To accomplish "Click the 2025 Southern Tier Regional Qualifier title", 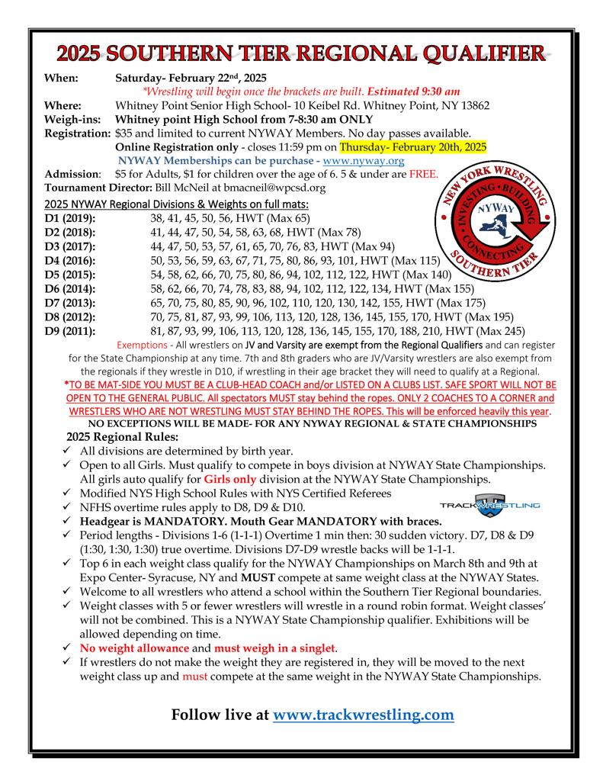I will click(x=302, y=53).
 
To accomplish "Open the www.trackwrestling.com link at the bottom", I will click(x=363, y=715).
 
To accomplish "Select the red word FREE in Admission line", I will click(x=424, y=174).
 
